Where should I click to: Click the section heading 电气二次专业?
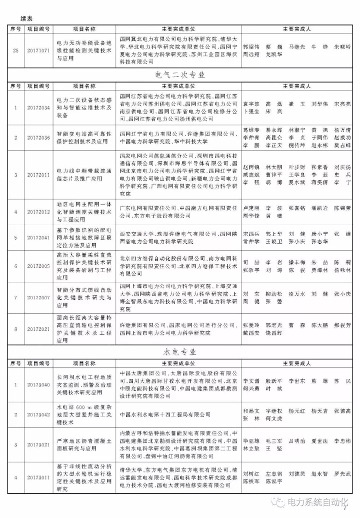(x=180, y=75)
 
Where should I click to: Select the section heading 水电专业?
(x=180, y=352)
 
